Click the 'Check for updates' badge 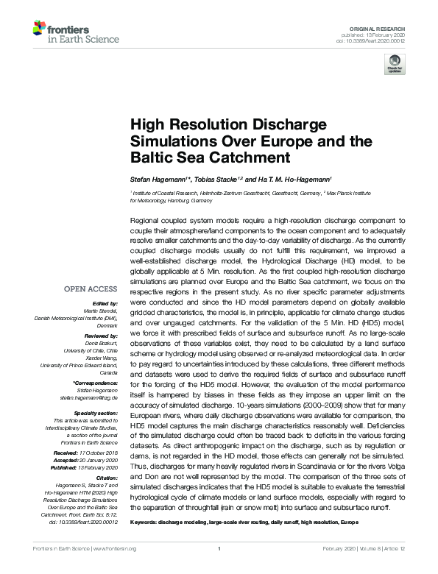(x=395, y=66)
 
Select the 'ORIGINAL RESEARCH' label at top (x=383, y=26)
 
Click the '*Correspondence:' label (x=96, y=383)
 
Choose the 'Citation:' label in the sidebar (x=105, y=476)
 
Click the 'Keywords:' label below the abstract (x=146, y=522)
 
